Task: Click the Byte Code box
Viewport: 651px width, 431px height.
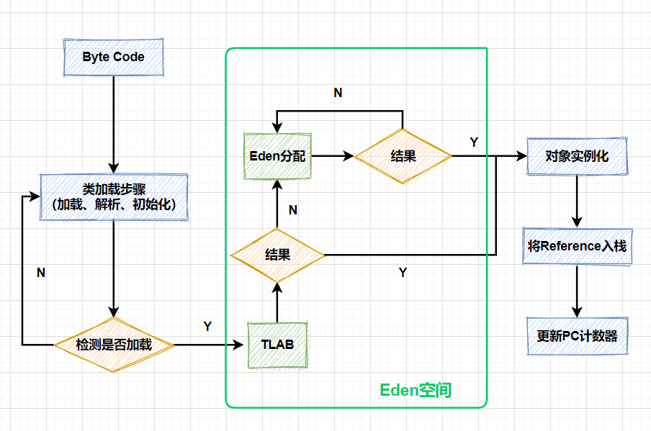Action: pyautogui.click(x=113, y=57)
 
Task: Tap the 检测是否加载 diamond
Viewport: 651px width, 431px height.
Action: pyautogui.click(x=114, y=345)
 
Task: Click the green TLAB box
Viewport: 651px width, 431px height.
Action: pyautogui.click(x=277, y=345)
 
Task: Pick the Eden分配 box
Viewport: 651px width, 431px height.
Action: pyautogui.click(x=277, y=155)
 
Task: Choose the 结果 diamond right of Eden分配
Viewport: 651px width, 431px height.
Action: pyautogui.click(x=403, y=155)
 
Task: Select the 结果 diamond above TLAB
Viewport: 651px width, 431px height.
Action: pyautogui.click(x=277, y=254)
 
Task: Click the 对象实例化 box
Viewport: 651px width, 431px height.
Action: pyautogui.click(x=577, y=155)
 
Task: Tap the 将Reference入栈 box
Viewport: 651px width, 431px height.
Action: pyautogui.click(x=577, y=246)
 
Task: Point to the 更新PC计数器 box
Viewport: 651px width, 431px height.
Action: pyautogui.click(x=577, y=336)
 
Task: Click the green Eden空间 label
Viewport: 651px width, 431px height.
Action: pyautogui.click(x=416, y=390)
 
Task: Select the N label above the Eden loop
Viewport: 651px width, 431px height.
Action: pyautogui.click(x=338, y=93)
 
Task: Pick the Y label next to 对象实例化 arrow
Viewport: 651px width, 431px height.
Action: pyautogui.click(x=473, y=142)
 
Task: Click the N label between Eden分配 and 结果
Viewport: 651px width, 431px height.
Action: pyautogui.click(x=292, y=210)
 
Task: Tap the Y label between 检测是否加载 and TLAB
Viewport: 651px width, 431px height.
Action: pyautogui.click(x=207, y=327)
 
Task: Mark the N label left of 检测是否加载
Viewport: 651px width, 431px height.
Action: pyautogui.click(x=41, y=273)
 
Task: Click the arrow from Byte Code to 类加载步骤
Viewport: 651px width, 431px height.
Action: pyautogui.click(x=114, y=122)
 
